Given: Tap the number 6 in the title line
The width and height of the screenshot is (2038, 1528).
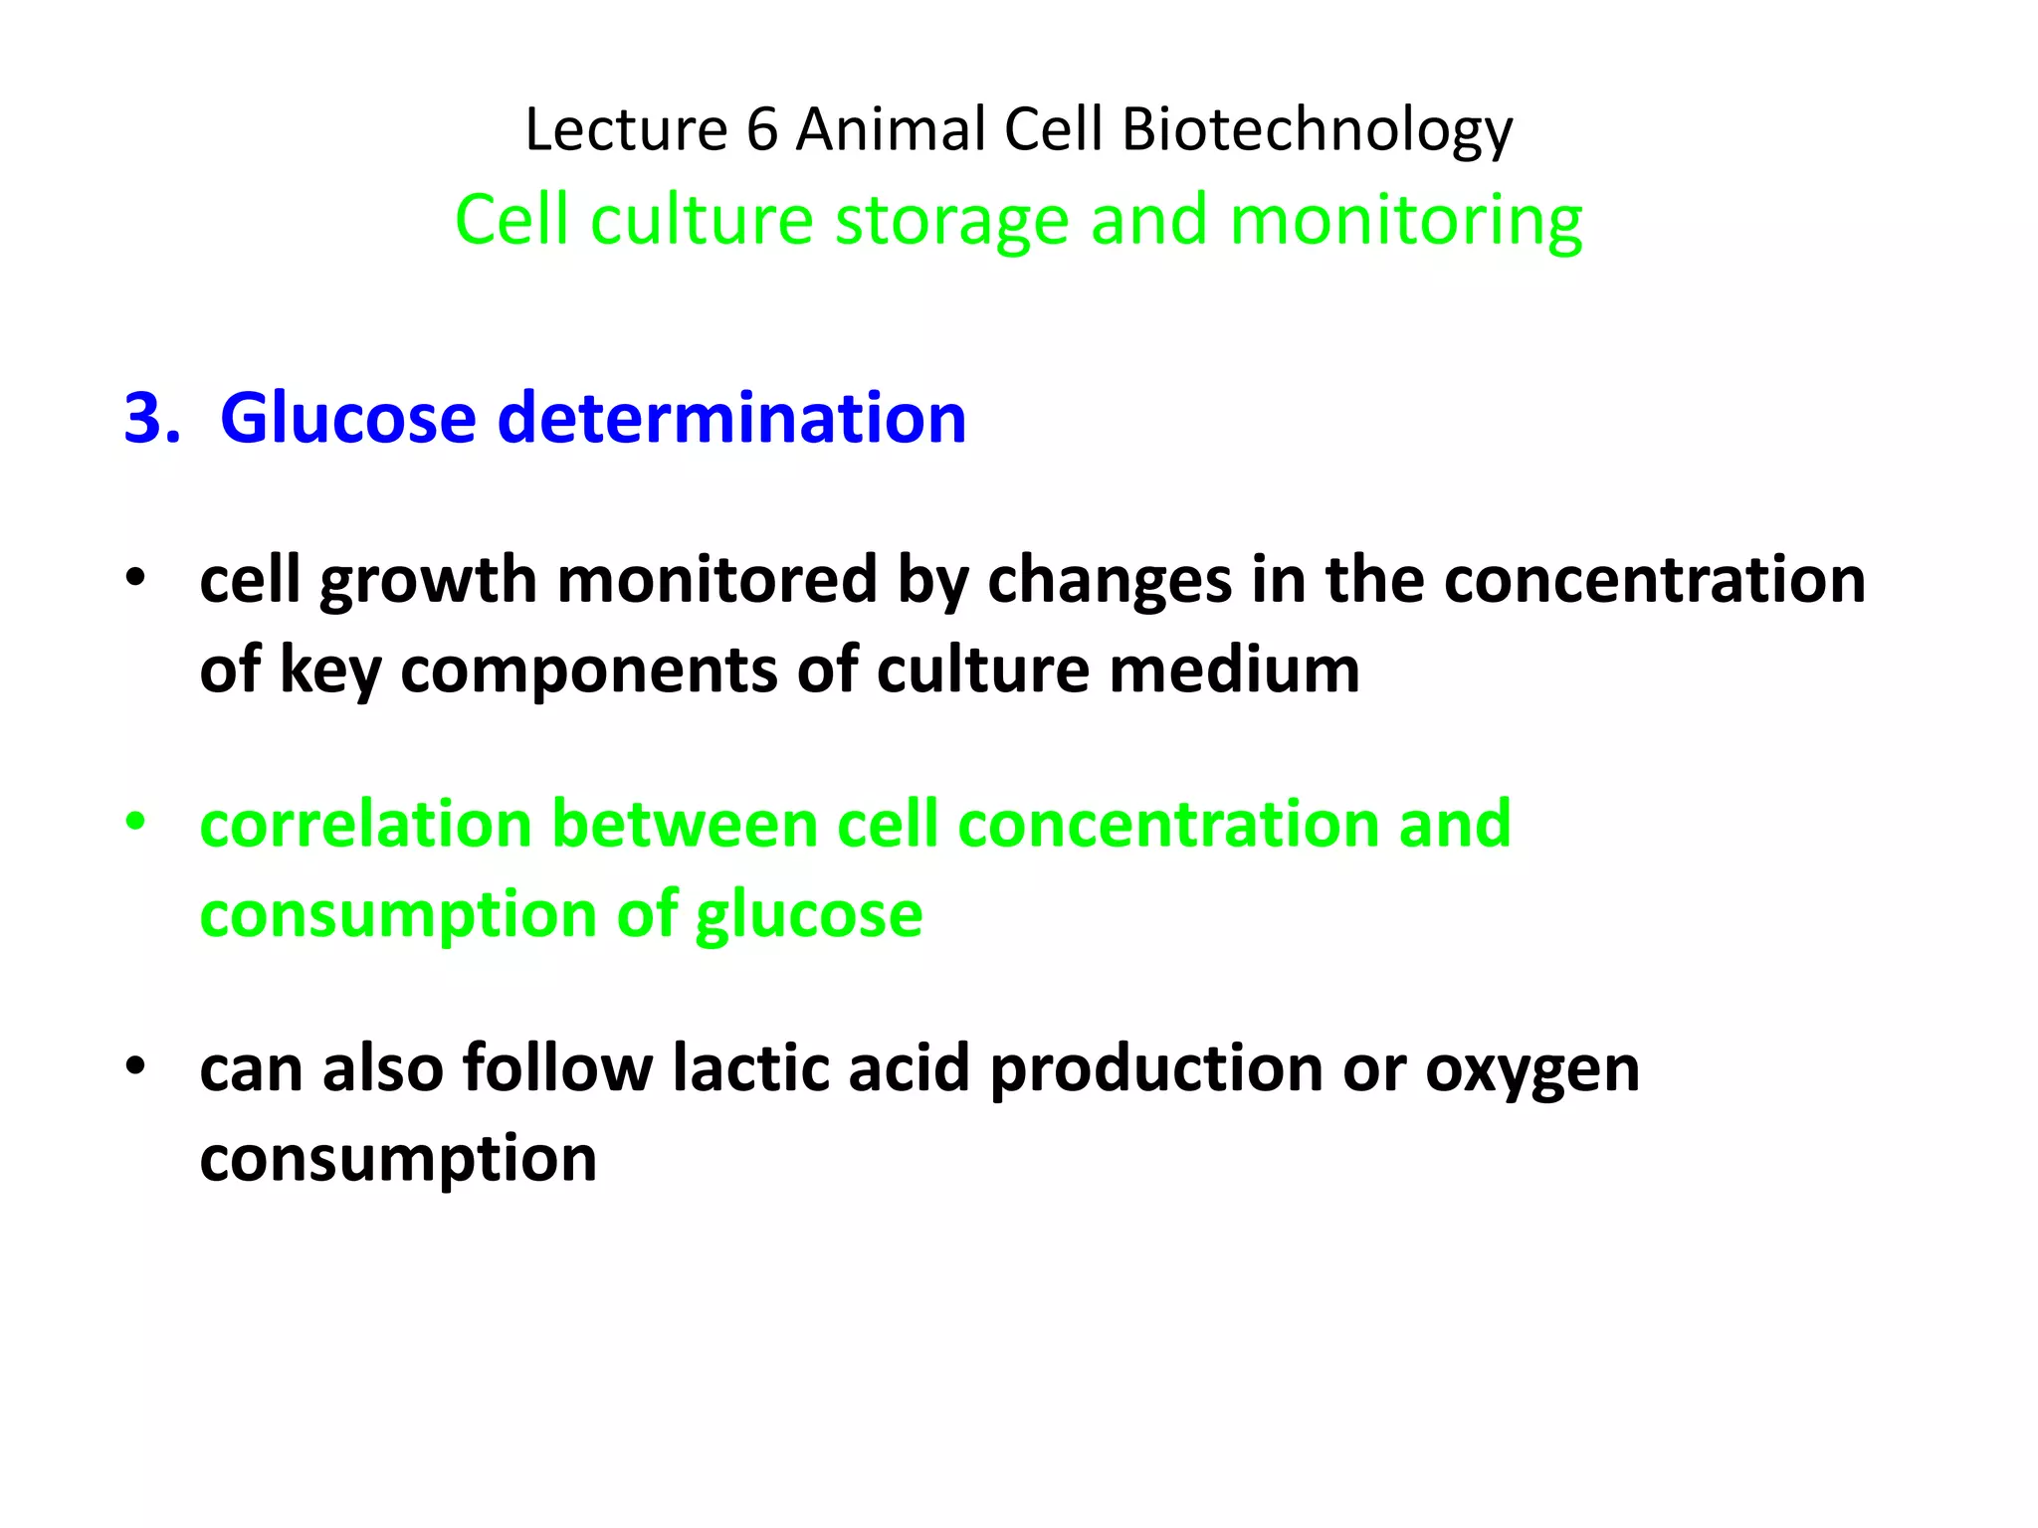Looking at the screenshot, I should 761,129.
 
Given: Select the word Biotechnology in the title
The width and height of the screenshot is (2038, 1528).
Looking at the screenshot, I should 1317,131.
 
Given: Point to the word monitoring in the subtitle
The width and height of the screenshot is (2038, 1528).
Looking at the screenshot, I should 1405,221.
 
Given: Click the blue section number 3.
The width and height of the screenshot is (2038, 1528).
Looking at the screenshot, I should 150,418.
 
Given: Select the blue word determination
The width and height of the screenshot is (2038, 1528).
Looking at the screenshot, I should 731,418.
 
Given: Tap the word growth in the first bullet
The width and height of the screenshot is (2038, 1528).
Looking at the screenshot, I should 429,581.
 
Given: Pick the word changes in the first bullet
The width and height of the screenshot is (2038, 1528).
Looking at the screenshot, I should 1109,581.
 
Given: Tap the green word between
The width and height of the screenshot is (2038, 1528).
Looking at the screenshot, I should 684,824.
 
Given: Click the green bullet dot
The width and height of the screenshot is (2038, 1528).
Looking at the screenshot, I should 135,822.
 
